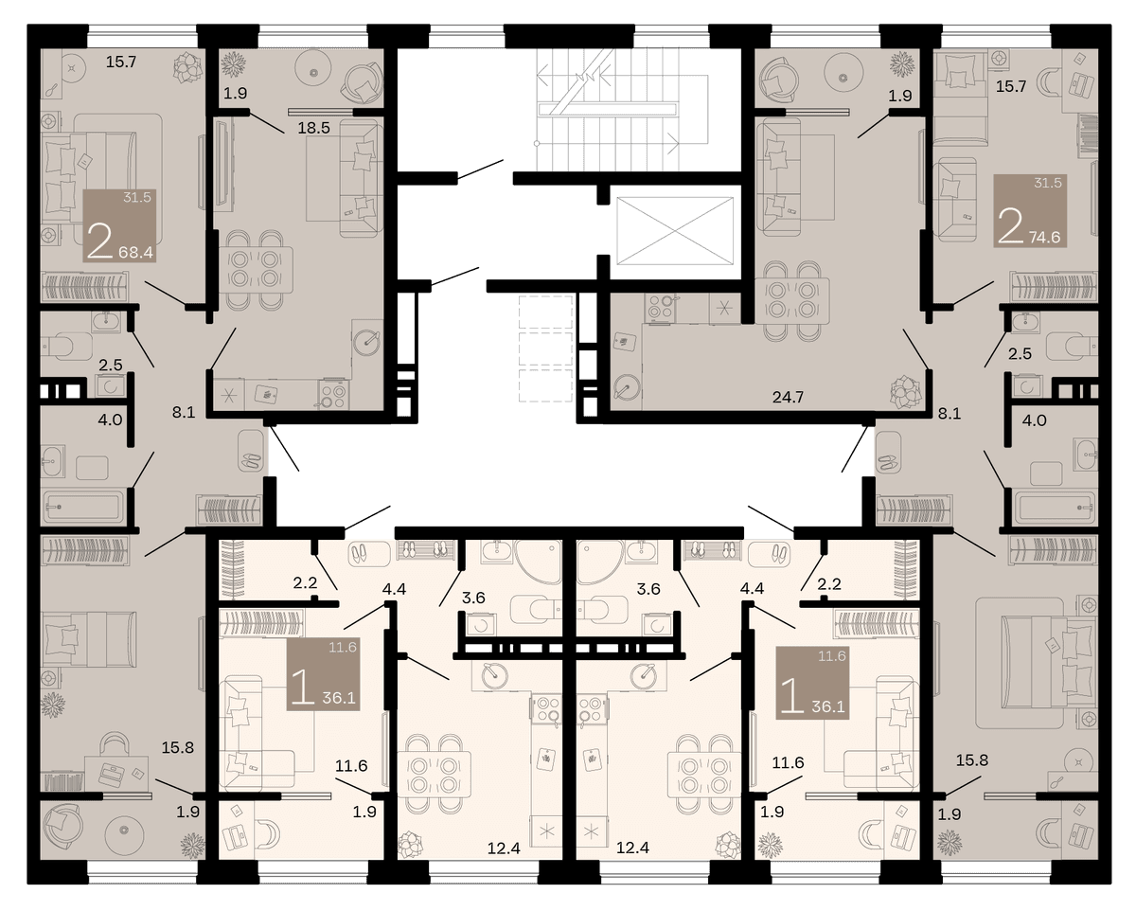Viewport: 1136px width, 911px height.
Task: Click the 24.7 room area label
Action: [788, 397]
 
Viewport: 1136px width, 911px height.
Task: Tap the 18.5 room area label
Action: [313, 128]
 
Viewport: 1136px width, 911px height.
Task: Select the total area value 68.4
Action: [135, 253]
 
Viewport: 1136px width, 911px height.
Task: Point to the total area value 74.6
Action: [1045, 237]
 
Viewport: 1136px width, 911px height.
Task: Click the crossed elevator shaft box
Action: [675, 231]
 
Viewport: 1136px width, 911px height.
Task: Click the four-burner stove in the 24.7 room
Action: [660, 308]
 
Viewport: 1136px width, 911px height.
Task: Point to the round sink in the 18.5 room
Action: [367, 341]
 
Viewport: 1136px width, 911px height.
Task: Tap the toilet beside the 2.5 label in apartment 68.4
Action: [59, 346]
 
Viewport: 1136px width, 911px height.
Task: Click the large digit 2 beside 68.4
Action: [99, 241]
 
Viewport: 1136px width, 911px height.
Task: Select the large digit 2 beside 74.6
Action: [1011, 226]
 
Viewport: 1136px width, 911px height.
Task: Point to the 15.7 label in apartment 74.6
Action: [1011, 86]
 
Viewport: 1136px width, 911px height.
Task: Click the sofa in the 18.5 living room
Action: [361, 177]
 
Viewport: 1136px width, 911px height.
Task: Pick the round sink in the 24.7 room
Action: [628, 387]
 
